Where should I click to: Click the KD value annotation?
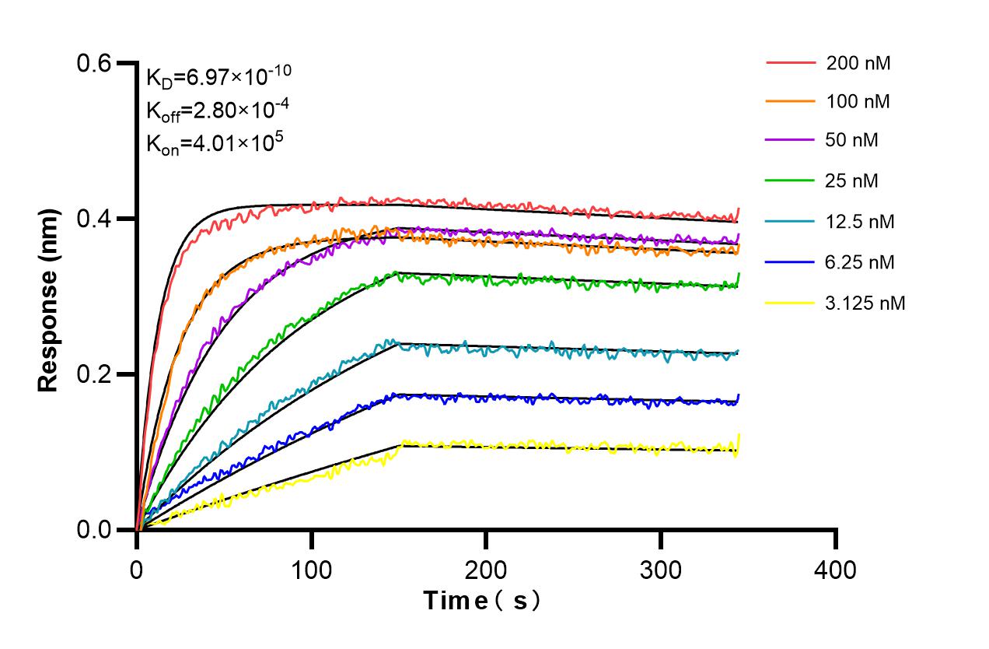click(x=218, y=76)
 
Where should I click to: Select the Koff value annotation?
click(x=218, y=111)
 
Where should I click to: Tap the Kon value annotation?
click(x=215, y=145)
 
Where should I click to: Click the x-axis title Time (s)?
click(x=481, y=601)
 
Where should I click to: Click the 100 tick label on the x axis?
click(x=311, y=570)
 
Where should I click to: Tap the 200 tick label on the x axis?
click(x=486, y=570)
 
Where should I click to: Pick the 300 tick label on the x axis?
click(x=660, y=570)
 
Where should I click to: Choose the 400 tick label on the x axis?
click(x=835, y=570)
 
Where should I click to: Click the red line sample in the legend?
click(x=791, y=61)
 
